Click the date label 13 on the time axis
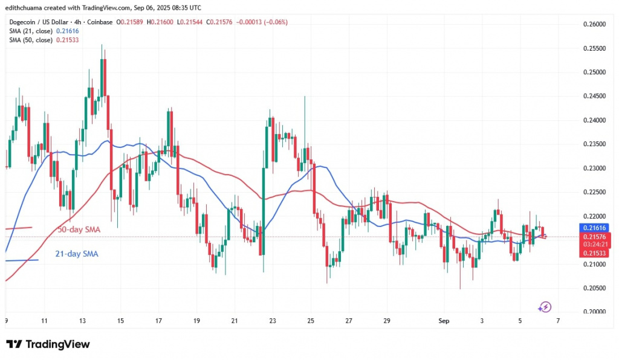[83, 322]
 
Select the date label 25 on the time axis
[311, 322]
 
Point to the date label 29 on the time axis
[387, 322]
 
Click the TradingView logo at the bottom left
[48, 344]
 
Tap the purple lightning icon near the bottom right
[545, 307]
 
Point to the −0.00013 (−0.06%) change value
[264, 22]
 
